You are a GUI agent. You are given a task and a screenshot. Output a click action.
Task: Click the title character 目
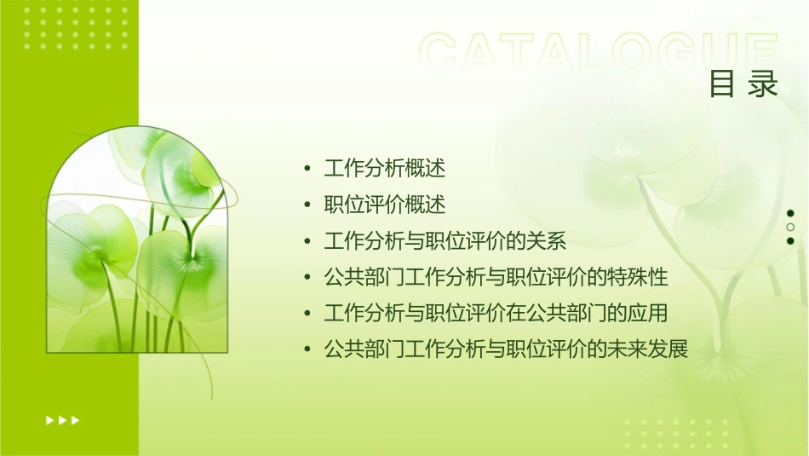[x=722, y=84]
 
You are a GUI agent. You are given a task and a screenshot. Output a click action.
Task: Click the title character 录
[x=764, y=84]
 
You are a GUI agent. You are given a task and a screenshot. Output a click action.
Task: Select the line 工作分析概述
[x=385, y=168]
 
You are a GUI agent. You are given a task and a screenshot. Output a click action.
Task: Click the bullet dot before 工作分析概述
[x=307, y=169]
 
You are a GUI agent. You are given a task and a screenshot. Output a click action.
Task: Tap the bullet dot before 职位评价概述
[x=307, y=205]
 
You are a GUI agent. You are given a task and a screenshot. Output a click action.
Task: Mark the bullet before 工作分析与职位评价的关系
[x=307, y=242]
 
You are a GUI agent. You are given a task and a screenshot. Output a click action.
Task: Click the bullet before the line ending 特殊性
[x=307, y=278]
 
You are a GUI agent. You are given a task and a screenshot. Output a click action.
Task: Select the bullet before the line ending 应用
[x=307, y=314]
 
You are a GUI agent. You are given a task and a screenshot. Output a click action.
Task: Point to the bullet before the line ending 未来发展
[x=307, y=350]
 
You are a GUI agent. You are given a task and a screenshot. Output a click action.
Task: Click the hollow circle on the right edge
[x=790, y=228]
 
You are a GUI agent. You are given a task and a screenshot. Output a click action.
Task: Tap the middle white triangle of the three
[x=62, y=419]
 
